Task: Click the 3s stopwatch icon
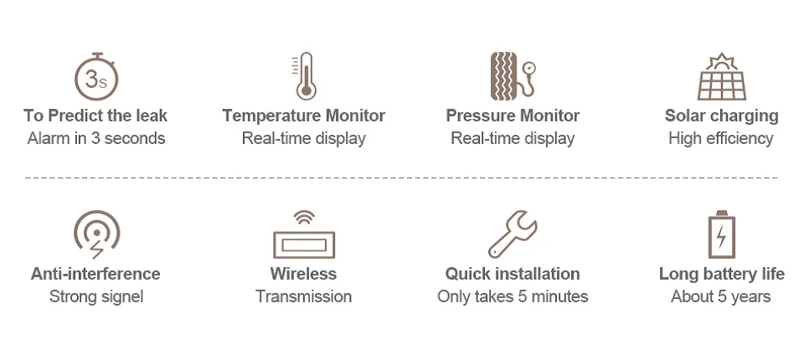(x=96, y=77)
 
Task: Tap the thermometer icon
(x=305, y=76)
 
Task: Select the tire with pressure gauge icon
(x=512, y=76)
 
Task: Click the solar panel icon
(x=721, y=77)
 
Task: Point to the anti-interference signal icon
(x=96, y=234)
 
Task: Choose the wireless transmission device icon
(x=303, y=236)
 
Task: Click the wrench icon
(x=513, y=234)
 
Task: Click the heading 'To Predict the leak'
(x=95, y=116)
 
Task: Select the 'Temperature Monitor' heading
(x=304, y=116)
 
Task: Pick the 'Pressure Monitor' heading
(x=513, y=116)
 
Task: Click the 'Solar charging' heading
(x=721, y=116)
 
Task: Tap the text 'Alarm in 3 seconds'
(x=96, y=138)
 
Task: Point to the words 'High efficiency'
(x=721, y=138)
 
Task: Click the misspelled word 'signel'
(x=121, y=296)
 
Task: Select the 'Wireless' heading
(x=303, y=274)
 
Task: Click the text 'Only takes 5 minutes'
(x=513, y=296)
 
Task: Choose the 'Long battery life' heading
(x=721, y=274)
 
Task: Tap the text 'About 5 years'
(x=721, y=296)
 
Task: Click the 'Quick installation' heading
(x=513, y=274)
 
